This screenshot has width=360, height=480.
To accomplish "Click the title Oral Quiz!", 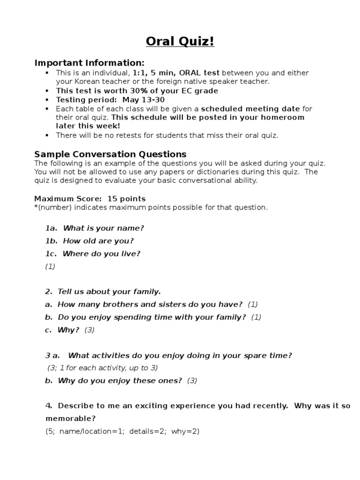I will (x=180, y=42).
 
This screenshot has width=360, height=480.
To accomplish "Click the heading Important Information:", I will (x=90, y=63).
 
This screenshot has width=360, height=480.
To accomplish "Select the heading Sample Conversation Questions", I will (x=110, y=154).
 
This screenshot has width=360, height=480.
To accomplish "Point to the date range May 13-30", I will (x=143, y=100).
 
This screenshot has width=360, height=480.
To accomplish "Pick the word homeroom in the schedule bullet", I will (x=284, y=117).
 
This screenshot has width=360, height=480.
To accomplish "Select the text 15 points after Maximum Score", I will (x=127, y=199).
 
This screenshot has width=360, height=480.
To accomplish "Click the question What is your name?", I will (x=103, y=228).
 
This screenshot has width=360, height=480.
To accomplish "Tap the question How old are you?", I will (x=98, y=241).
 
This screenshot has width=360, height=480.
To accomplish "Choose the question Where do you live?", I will (x=101, y=254).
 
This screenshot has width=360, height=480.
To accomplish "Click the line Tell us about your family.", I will (x=109, y=292).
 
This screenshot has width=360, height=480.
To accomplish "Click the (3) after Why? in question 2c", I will (x=90, y=330).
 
